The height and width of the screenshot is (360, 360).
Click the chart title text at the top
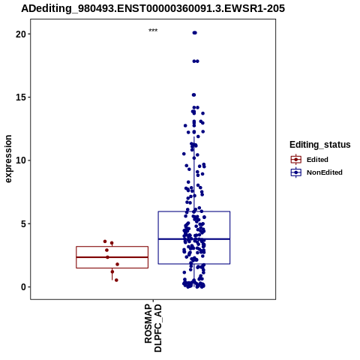(x=153, y=8)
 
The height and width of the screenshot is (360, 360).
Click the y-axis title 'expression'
(x=8, y=159)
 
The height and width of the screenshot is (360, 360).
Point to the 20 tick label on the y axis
(x=21, y=34)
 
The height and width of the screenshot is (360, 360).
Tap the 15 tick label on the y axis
(x=21, y=97)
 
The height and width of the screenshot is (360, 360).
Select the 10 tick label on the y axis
(x=21, y=160)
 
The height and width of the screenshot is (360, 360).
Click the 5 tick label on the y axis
(x=23, y=223)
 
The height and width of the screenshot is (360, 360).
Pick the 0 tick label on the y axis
(x=23, y=287)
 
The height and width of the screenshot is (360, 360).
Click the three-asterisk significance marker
(x=153, y=31)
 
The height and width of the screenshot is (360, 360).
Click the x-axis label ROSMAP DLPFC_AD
(x=153, y=328)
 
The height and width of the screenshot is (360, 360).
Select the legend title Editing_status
(x=320, y=145)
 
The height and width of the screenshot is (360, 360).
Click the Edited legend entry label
(x=317, y=160)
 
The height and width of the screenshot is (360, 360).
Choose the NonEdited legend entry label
(x=325, y=172)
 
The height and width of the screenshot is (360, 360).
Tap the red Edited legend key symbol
(x=296, y=160)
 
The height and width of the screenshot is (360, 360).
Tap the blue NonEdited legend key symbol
(x=296, y=172)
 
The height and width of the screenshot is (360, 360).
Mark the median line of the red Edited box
(x=112, y=257)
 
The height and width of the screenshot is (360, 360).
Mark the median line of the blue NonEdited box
(x=194, y=239)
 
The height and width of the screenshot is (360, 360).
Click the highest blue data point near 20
(x=195, y=33)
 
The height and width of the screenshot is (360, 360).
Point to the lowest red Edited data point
(x=116, y=280)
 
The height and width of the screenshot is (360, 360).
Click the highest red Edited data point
(x=105, y=241)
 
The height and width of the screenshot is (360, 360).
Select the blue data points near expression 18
(x=196, y=61)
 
